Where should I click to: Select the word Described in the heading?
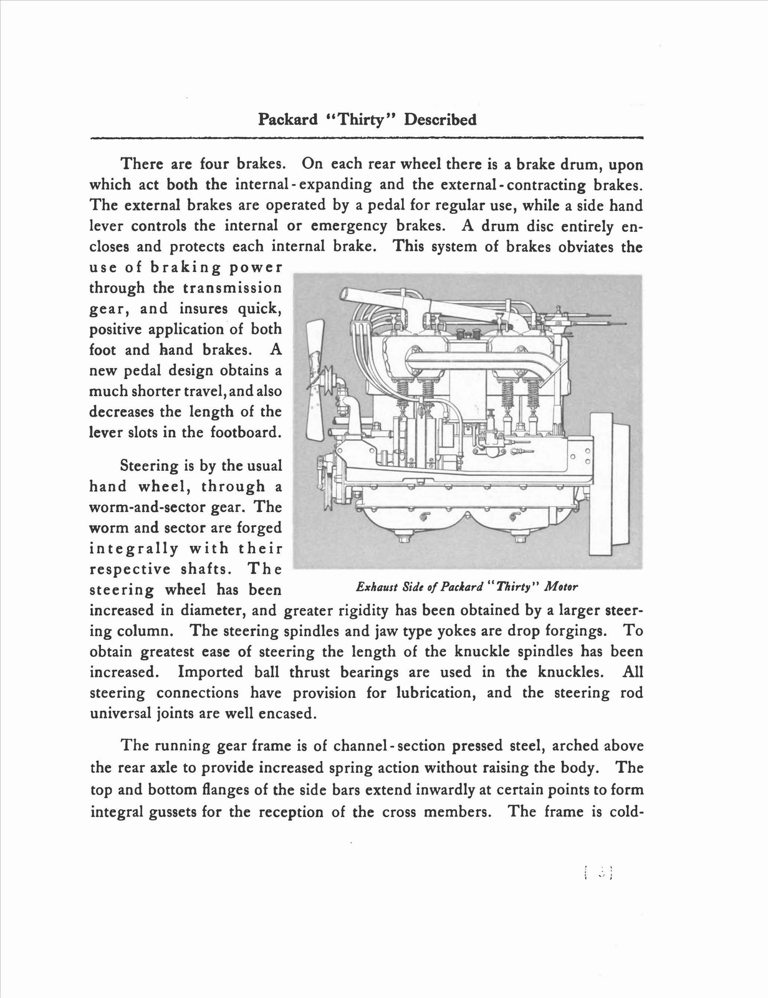click(440, 119)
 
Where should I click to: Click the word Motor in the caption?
click(561, 586)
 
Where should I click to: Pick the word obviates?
click(585, 246)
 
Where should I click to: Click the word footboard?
click(244, 432)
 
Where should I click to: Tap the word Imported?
click(210, 672)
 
